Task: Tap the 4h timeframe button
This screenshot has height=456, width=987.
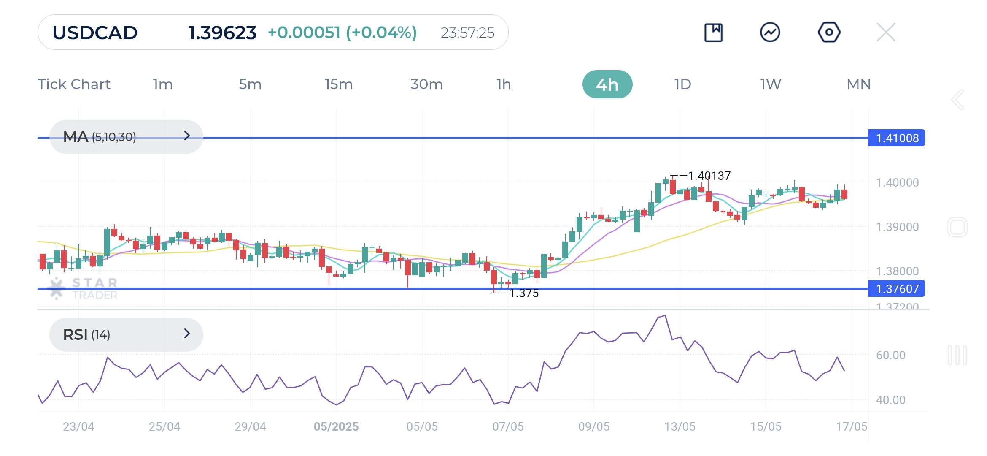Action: pos(607,84)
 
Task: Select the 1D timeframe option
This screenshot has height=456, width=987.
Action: pos(682,84)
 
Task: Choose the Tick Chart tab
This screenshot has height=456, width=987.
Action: pos(74,84)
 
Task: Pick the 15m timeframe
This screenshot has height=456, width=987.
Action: pos(338,84)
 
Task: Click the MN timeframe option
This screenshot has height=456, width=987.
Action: pos(858,84)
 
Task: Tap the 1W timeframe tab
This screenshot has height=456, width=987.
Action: pos(771,84)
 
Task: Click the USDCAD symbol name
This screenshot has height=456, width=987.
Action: pos(95,33)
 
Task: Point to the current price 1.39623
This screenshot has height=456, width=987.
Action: pos(222,33)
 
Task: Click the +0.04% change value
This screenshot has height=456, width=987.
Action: pos(381,33)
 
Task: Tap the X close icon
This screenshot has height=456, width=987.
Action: pos(886,33)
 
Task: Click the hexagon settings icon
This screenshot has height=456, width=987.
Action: pos(829,33)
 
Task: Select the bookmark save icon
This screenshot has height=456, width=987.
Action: pos(713,33)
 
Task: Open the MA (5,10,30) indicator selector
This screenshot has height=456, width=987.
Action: pos(126,137)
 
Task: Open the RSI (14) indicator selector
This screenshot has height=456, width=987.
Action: pos(126,334)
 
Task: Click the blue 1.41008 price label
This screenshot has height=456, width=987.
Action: pos(896,138)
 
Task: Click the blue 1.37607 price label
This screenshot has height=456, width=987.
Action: pos(896,289)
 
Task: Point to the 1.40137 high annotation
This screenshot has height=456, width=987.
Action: pos(709,176)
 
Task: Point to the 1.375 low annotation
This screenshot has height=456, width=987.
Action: pos(524,293)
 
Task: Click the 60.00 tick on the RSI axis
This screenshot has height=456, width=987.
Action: pos(890,356)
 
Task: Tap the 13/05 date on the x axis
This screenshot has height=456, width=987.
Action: pos(680,427)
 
